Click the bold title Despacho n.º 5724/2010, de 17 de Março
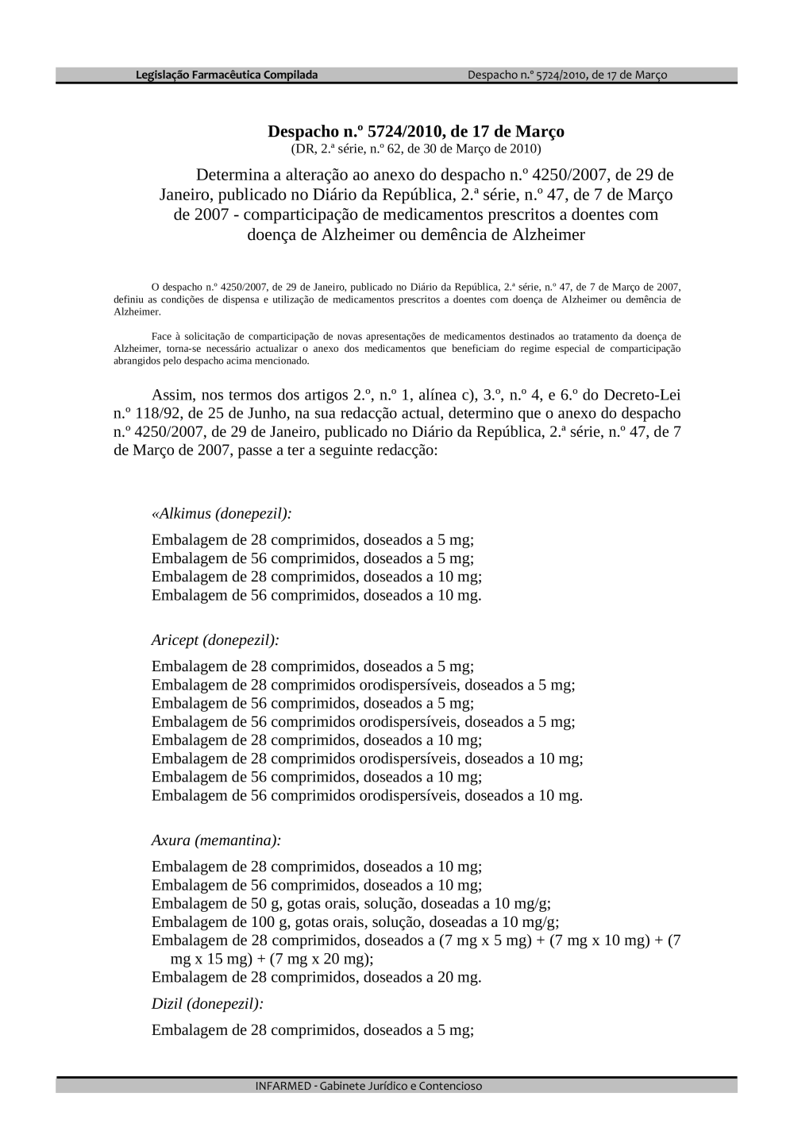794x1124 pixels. click(x=415, y=131)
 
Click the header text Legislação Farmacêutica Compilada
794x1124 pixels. click(x=226, y=75)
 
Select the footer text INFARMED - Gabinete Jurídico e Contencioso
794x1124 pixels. click(x=368, y=1086)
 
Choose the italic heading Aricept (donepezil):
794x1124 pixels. click(x=215, y=639)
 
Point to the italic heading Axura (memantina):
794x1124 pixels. click(x=216, y=840)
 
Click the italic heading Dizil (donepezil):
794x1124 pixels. click(x=207, y=1003)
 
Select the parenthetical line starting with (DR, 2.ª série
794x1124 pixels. click(x=415, y=149)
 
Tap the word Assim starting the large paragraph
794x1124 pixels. click(x=172, y=395)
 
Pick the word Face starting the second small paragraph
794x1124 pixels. click(x=162, y=337)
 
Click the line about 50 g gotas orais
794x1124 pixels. click(x=351, y=903)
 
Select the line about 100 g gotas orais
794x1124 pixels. click(x=355, y=921)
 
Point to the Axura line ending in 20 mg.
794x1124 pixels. click(x=316, y=977)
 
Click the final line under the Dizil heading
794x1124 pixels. click(x=312, y=1030)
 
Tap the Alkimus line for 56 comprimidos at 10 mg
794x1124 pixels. click(x=316, y=595)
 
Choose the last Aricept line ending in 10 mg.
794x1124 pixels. click(x=367, y=795)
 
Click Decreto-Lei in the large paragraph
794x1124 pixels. click(x=641, y=395)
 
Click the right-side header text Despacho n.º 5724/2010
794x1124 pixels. click(x=567, y=75)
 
